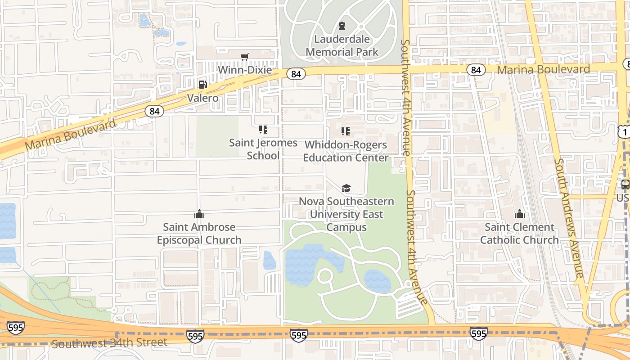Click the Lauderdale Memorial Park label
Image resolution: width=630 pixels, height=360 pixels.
[342, 45]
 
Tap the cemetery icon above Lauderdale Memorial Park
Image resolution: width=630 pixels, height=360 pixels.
[342, 26]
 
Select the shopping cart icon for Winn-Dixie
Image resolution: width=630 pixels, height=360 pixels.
[244, 57]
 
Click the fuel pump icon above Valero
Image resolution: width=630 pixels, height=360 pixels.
[202, 85]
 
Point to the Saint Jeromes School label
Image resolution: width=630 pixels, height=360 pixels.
[263, 149]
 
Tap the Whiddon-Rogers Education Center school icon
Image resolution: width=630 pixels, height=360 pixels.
[345, 131]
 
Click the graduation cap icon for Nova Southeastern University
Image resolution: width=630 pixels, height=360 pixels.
[346, 188]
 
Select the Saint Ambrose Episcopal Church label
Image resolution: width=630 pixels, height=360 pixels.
[199, 234]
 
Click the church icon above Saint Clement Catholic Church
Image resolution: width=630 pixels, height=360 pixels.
[520, 214]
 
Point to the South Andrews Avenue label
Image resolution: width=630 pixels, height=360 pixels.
[569, 218]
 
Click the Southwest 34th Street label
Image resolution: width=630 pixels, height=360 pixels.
[109, 343]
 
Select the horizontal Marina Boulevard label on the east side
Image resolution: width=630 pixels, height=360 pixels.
[543, 69]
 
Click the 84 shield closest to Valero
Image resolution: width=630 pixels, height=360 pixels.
[154, 111]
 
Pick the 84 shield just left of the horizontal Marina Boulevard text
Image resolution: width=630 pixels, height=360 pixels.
[476, 70]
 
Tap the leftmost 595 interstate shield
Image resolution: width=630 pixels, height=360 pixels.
[16, 327]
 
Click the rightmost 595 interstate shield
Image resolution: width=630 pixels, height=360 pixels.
[478, 333]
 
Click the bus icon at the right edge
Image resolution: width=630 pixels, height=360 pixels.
[625, 184]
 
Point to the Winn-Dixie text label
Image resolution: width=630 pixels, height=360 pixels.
[245, 70]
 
